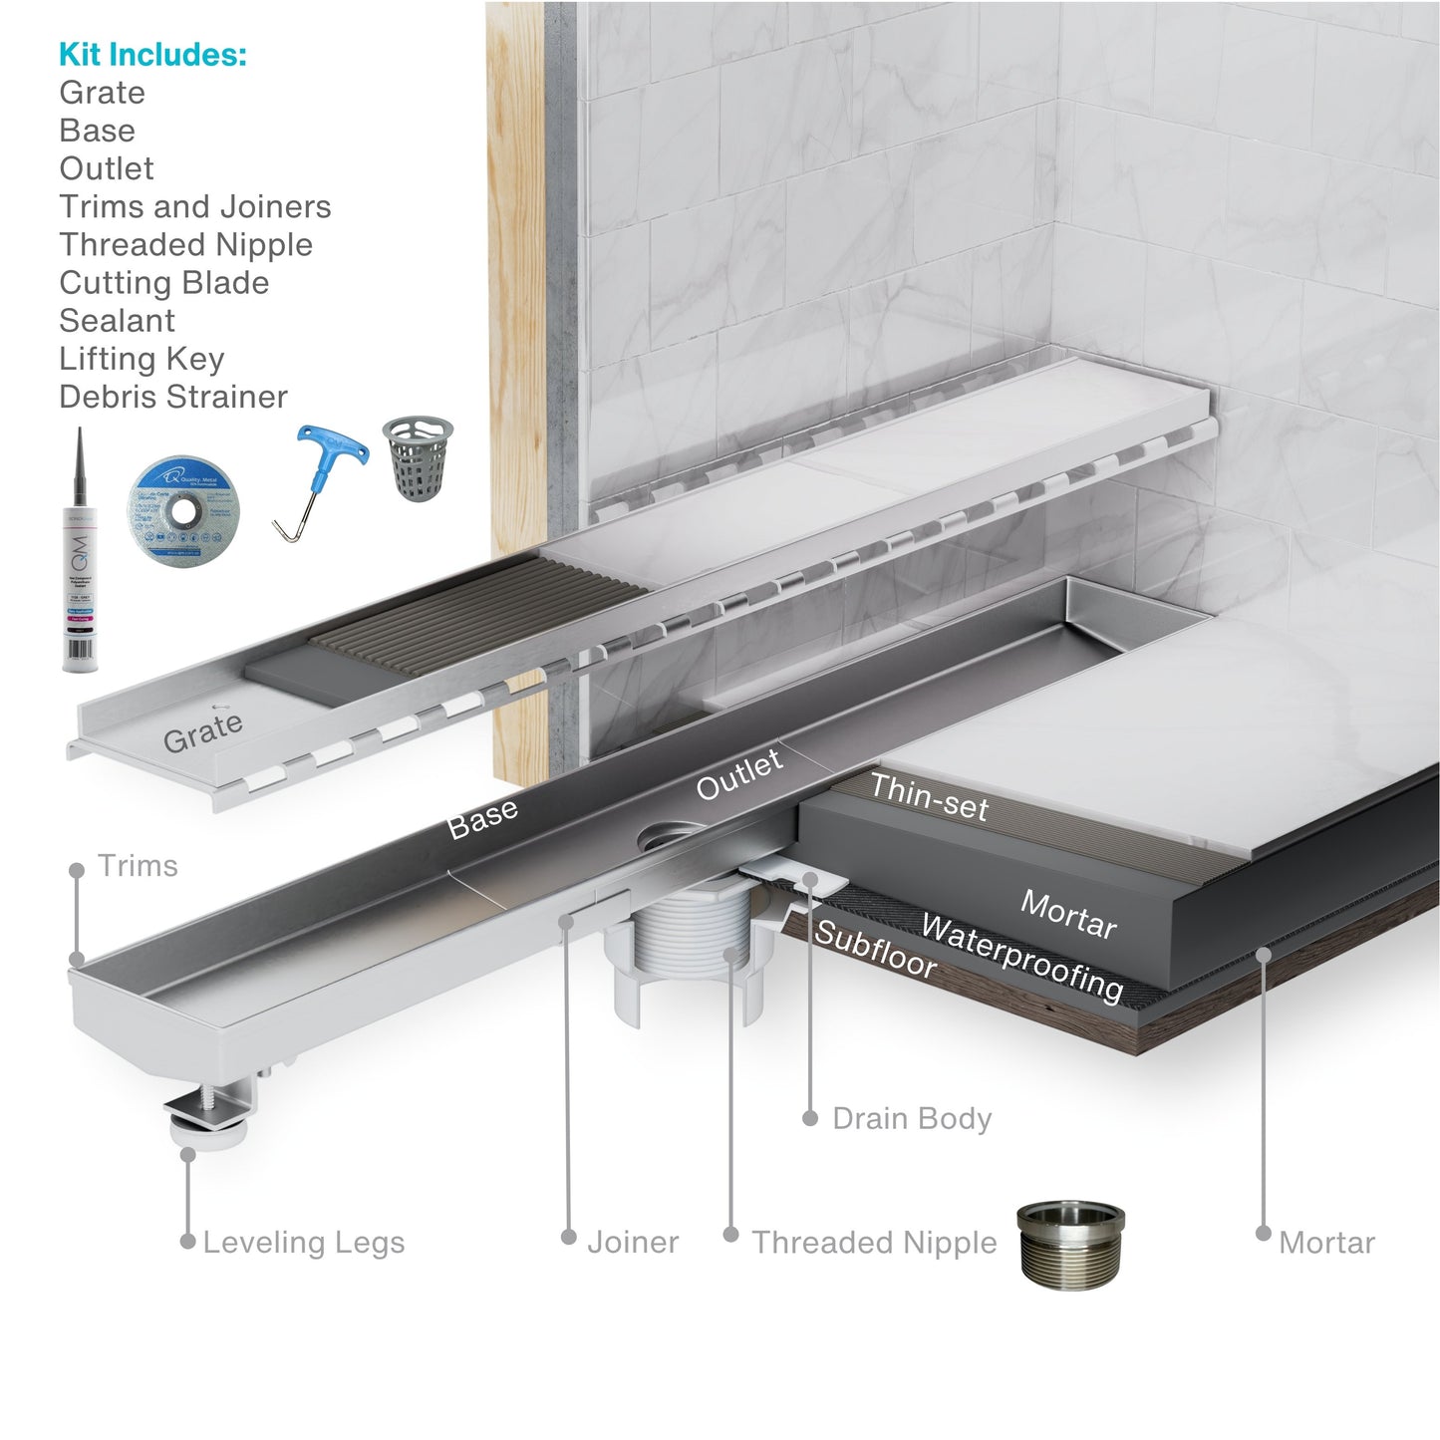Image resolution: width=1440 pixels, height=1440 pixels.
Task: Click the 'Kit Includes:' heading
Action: pos(152,55)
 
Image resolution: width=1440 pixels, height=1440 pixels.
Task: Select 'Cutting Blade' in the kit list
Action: pos(163,283)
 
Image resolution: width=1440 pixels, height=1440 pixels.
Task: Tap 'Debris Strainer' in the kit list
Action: pos(172,397)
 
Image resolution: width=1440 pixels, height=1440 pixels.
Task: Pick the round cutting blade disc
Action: pos(183,511)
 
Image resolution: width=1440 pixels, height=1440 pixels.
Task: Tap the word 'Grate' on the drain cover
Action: pos(202,732)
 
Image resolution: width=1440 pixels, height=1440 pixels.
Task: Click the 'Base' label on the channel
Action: pos(482,818)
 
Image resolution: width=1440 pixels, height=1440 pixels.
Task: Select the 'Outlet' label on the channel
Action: pos(738,774)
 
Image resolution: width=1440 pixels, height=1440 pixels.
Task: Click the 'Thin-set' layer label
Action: pos(929,798)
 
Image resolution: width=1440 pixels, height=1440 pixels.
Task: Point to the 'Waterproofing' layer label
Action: pos(1021,957)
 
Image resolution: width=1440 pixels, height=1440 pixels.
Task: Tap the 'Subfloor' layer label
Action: pos(875,950)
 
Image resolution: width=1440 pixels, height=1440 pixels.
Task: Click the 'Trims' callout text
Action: pos(138,866)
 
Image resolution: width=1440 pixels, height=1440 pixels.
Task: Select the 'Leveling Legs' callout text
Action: pos(303,1243)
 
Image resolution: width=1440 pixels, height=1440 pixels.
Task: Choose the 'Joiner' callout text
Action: pos(633,1243)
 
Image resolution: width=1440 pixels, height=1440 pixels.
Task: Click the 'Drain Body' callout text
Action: pos(912,1119)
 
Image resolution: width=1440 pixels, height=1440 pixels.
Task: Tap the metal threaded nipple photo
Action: pos(1070,1244)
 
